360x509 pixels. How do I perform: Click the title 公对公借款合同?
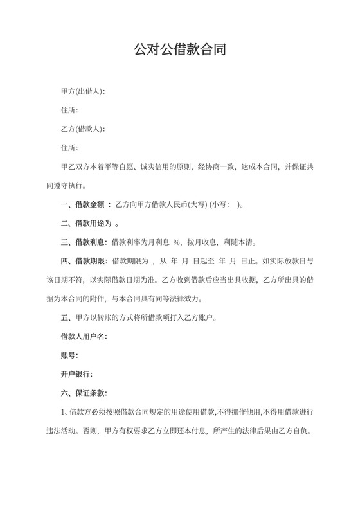tap(179, 49)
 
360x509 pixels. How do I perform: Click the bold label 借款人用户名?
tap(83, 336)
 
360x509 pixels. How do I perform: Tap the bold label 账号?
tap(69, 355)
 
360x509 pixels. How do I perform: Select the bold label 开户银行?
tap(76, 373)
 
